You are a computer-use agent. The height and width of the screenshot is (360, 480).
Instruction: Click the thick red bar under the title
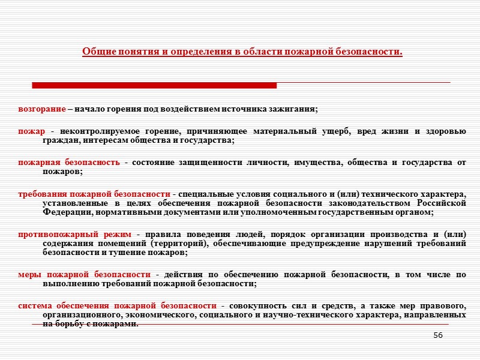coord(154,85)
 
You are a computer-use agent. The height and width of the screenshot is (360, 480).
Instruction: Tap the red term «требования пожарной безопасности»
coord(94,194)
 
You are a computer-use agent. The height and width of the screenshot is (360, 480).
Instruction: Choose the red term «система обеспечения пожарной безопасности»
coord(117,305)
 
